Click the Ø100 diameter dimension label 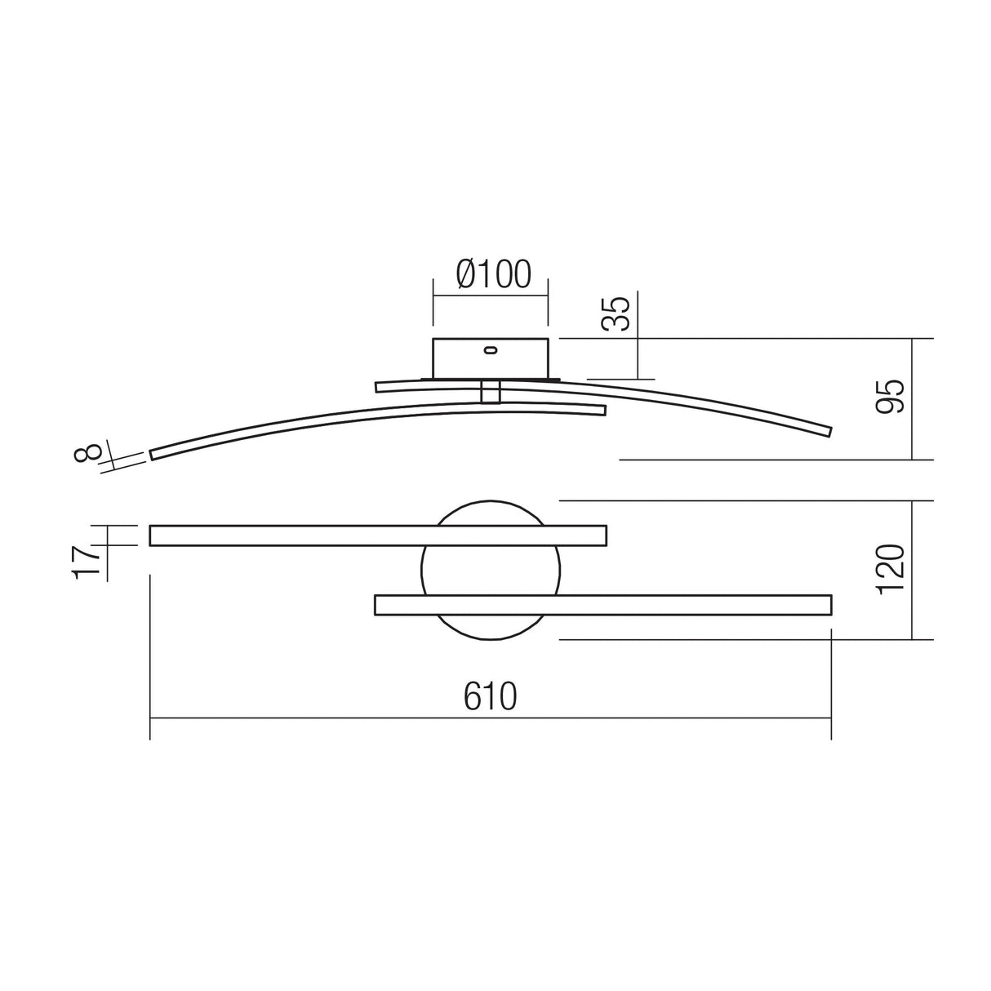point(494,274)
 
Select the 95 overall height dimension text point(891,397)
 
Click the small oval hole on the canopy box point(491,351)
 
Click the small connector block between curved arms point(491,392)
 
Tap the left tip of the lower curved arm point(153,454)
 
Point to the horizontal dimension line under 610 point(327,718)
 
